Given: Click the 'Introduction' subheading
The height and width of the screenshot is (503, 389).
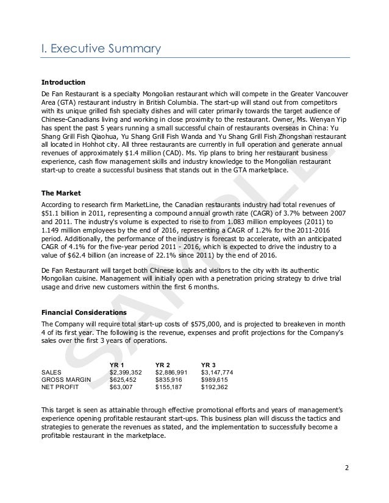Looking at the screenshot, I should coord(63,82).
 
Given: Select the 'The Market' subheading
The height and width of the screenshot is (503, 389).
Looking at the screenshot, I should coord(60,193).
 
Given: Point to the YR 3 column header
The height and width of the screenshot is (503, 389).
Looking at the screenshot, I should coord(210,364).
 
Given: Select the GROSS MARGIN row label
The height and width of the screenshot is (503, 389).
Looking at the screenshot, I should coord(66,379).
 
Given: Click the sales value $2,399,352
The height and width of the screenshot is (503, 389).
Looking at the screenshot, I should coord(126,372).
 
